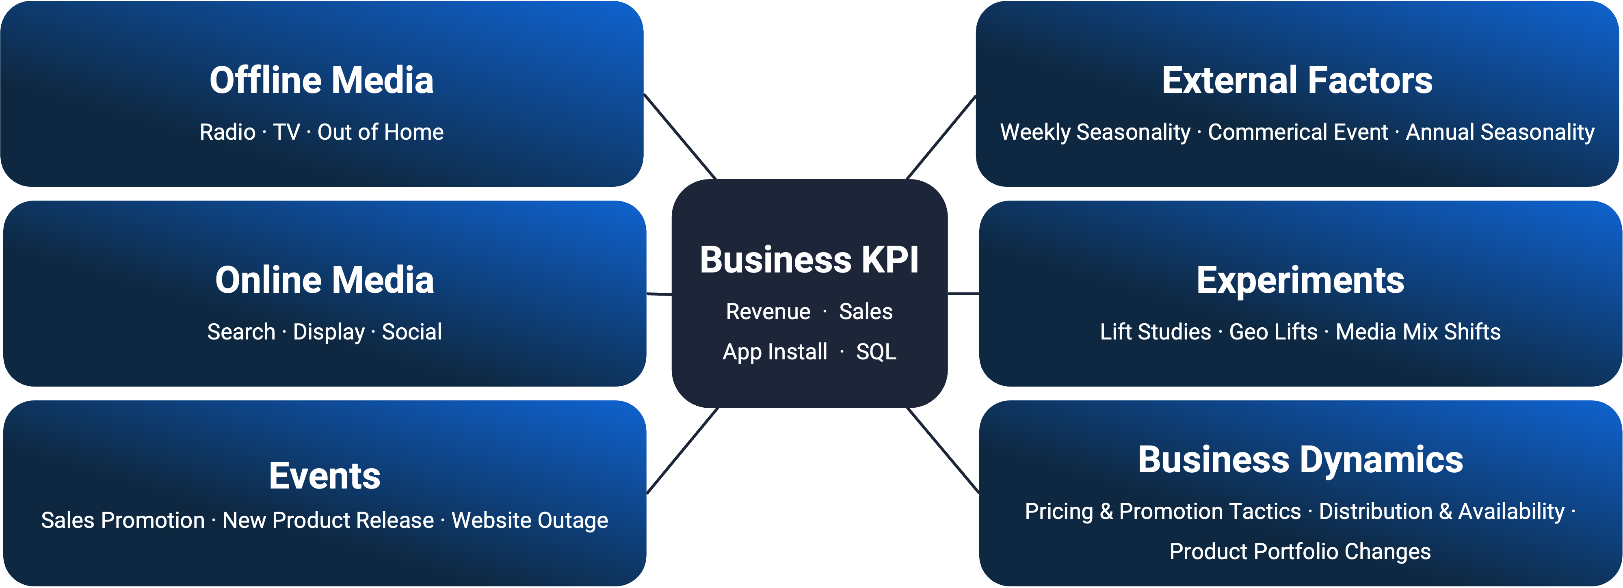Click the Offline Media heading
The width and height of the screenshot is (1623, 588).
(321, 81)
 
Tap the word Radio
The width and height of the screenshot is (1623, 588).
(227, 132)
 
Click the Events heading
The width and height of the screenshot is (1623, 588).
(325, 476)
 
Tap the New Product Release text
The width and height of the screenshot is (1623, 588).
(328, 521)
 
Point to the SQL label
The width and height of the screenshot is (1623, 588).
(876, 352)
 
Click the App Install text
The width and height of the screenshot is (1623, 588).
(774, 352)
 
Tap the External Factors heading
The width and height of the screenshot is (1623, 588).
(1297, 81)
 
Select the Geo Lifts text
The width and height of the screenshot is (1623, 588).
(1273, 332)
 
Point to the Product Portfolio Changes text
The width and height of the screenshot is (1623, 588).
(1300, 551)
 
